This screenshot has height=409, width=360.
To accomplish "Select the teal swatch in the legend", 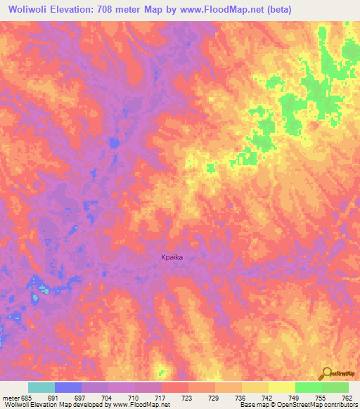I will pos(41,387).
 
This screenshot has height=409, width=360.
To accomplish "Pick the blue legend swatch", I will pos(68,387).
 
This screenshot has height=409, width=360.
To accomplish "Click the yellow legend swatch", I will pos(281,387).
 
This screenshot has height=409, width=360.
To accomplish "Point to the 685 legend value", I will pos(25,397).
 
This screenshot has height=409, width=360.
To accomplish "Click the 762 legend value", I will pos(346,397).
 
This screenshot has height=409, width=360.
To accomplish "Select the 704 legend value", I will pos(105,397).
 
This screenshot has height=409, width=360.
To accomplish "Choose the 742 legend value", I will pos(266,397).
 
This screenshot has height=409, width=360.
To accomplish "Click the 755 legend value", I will pos(319,397).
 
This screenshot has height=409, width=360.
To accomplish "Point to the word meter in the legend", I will pos(9,397).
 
